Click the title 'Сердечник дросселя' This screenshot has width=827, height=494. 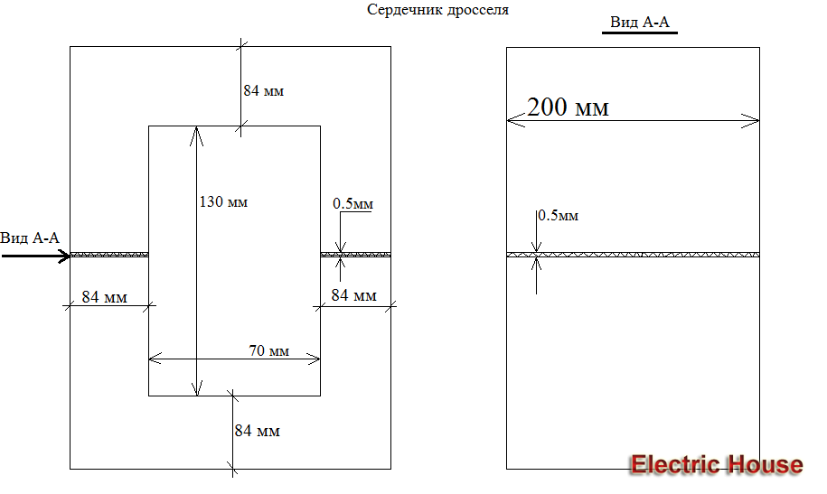tap(437, 10)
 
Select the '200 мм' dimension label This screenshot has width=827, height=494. tap(568, 107)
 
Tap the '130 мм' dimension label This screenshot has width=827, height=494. tap(223, 201)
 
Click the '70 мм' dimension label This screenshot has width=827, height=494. tap(268, 350)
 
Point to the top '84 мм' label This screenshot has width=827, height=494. tap(264, 91)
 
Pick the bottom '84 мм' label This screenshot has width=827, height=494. tap(257, 431)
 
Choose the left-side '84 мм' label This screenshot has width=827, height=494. tap(104, 296)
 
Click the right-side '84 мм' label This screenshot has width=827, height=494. tap(353, 295)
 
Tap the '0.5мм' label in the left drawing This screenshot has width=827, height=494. tap(352, 205)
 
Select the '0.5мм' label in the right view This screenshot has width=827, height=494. tap(558, 216)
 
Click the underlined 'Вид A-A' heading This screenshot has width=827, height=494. tap(640, 22)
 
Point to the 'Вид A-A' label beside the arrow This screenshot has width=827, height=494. tap(30, 238)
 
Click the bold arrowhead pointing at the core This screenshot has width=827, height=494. tap(65, 256)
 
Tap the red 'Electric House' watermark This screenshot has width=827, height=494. tap(716, 464)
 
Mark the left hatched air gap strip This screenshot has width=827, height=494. tap(109, 256)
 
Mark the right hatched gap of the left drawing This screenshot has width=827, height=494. tap(355, 256)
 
